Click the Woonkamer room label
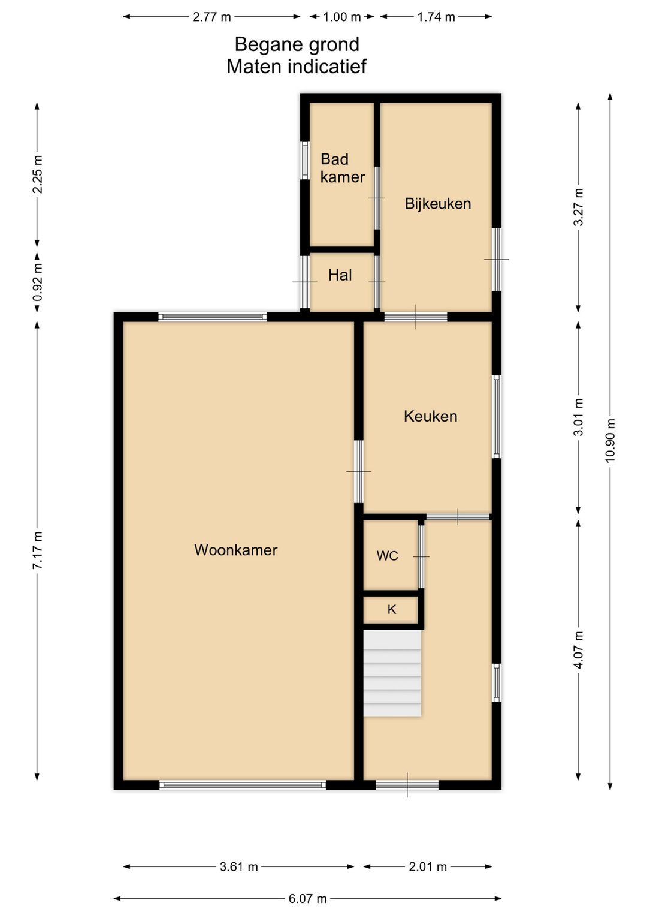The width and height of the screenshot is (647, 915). pyautogui.click(x=235, y=550)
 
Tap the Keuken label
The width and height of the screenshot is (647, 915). pyautogui.click(x=430, y=416)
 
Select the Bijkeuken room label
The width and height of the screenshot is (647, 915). pyautogui.click(x=437, y=204)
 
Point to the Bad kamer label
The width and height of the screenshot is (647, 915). pyautogui.click(x=342, y=168)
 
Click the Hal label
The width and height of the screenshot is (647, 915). pyautogui.click(x=340, y=275)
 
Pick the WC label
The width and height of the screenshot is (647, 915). pyautogui.click(x=387, y=556)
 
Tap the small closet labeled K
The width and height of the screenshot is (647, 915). pyautogui.click(x=392, y=610)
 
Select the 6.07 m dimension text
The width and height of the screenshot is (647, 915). pyautogui.click(x=307, y=898)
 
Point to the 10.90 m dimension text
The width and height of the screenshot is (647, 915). pyautogui.click(x=610, y=441)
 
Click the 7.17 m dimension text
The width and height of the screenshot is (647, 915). pyautogui.click(x=37, y=550)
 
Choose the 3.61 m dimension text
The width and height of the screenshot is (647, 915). pyautogui.click(x=238, y=866)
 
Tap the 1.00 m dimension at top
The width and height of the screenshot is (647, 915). pyautogui.click(x=341, y=17)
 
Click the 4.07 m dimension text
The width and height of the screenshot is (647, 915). pyautogui.click(x=578, y=650)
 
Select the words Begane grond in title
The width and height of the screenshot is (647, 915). pyautogui.click(x=297, y=44)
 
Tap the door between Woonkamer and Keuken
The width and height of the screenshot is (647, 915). pyautogui.click(x=358, y=471)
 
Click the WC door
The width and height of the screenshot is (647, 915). pyautogui.click(x=421, y=556)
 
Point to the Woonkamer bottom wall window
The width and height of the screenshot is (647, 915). pyautogui.click(x=243, y=785)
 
